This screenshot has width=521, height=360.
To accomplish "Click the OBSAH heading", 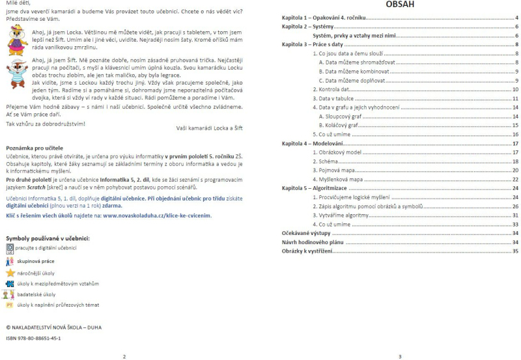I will [399, 5].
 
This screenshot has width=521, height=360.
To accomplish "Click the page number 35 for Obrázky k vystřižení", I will [514, 251].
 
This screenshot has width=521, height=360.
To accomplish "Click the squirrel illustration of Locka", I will [17, 40].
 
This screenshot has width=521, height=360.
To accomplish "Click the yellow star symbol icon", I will [10, 273].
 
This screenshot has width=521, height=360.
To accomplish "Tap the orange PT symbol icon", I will [10, 304].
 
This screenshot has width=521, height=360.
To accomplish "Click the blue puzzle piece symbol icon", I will [10, 283].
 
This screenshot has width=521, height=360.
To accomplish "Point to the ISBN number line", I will [33, 339].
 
